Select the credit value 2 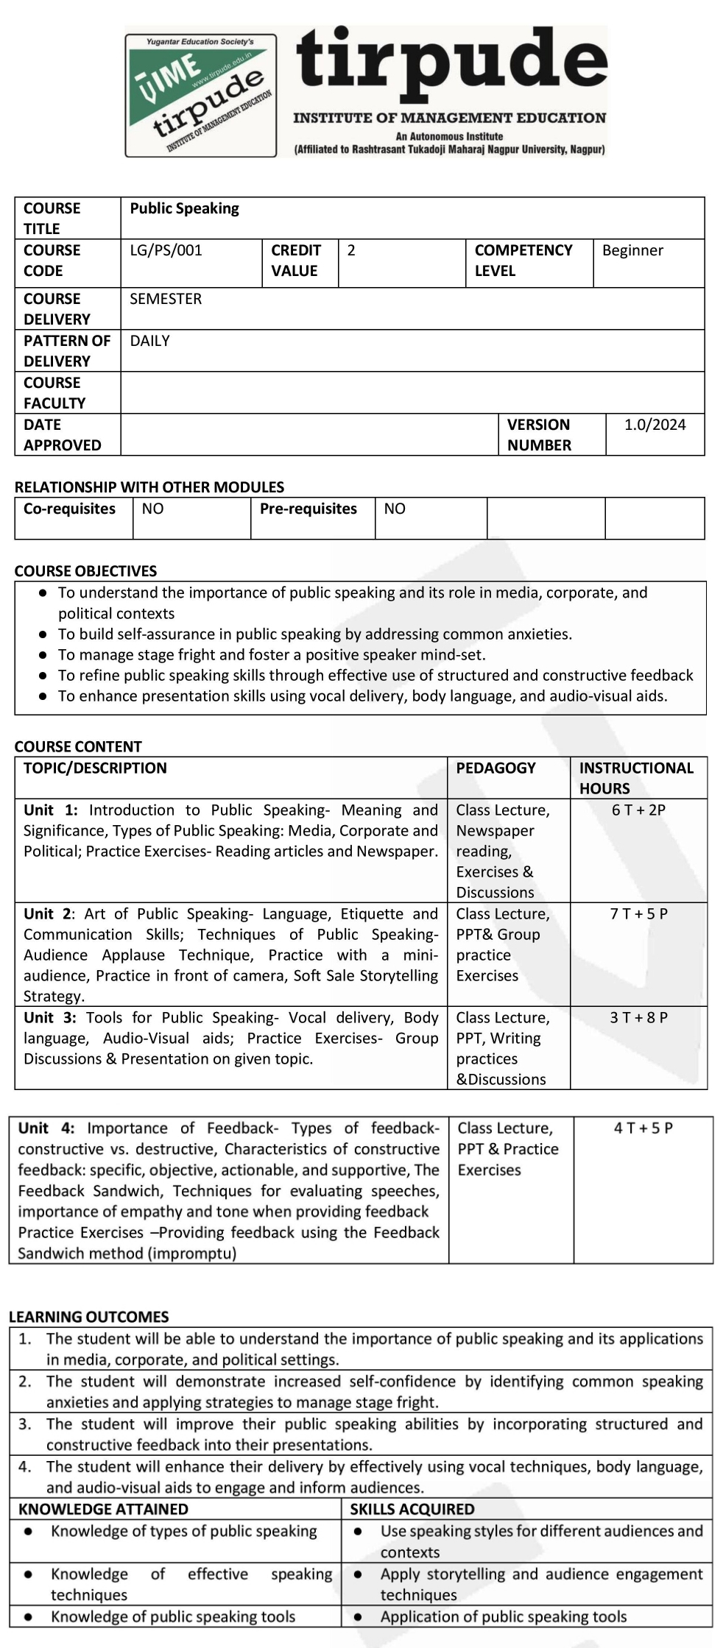351,250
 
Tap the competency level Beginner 632,250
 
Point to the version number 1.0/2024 655,425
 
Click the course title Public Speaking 184,208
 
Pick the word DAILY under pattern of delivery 149,341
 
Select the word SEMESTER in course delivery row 166,299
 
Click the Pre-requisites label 308,509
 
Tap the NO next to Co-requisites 152,509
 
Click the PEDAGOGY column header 495,768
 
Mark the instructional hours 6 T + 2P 638,810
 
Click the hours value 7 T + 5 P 638,913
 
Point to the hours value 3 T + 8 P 638,1017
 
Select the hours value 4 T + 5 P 643,1128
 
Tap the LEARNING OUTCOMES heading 88,1317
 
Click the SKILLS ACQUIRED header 412,1509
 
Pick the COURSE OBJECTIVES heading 85,571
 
